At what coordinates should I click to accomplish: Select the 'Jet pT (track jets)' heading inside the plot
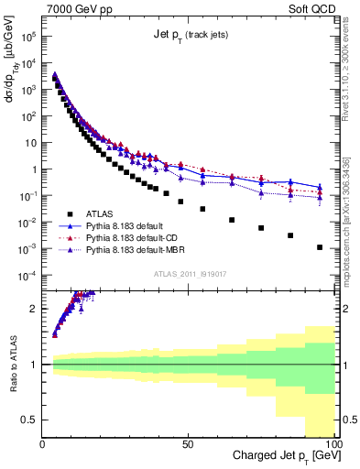click(190, 35)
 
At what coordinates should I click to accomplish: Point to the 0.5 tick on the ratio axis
click(29, 420)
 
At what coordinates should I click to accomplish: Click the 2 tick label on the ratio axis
click(34, 309)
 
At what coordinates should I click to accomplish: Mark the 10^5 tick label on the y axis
click(28, 38)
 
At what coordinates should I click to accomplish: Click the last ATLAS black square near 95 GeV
click(319, 247)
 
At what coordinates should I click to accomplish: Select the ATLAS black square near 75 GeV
click(261, 228)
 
